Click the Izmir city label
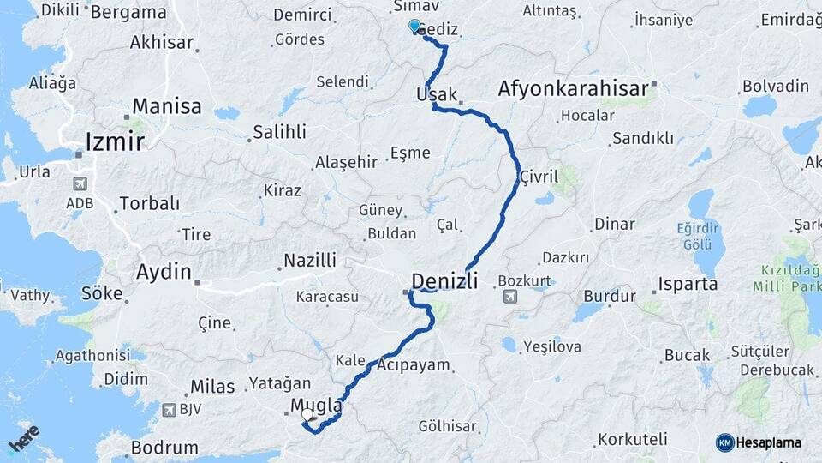(115, 141)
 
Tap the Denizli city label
(444, 280)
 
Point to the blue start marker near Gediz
(415, 27)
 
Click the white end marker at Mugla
(307, 415)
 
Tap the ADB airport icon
(80, 183)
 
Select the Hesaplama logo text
(769, 442)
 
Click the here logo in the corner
(23, 438)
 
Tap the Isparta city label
(688, 284)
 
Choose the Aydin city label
(164, 272)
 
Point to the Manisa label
(167, 107)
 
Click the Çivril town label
(539, 177)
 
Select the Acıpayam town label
(413, 365)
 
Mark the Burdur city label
(609, 297)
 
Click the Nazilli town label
(310, 260)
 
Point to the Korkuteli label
(633, 439)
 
